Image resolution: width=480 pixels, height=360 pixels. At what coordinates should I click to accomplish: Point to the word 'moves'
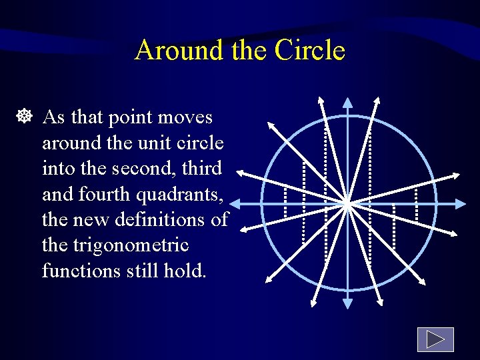click(187, 118)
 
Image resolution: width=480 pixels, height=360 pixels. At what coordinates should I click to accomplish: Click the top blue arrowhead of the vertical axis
click(347, 103)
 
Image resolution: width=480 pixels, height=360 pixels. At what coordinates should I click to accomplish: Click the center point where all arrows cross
click(347, 203)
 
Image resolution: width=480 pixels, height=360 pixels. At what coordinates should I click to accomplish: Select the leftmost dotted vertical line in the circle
click(285, 202)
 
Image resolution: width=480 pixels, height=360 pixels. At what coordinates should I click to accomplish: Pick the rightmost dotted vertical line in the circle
click(415, 203)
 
